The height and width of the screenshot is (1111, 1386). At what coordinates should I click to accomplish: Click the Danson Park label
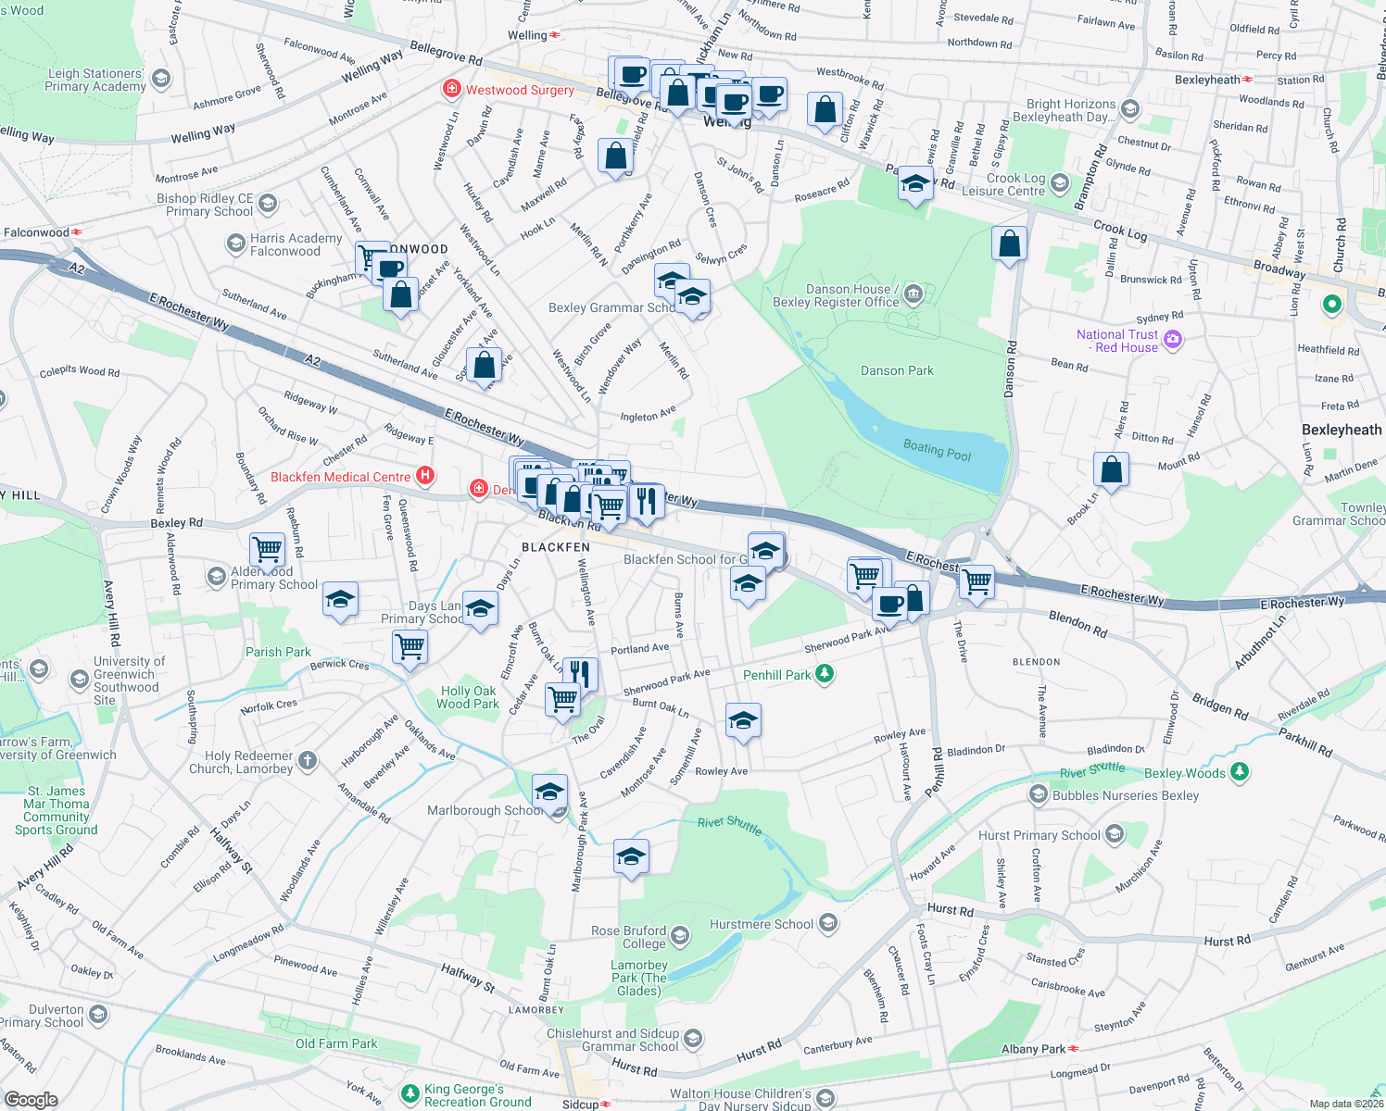coord(896,370)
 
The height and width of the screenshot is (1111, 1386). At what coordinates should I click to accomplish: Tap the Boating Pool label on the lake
coord(937,450)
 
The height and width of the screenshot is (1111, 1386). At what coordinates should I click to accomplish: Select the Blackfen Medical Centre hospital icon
coord(425,476)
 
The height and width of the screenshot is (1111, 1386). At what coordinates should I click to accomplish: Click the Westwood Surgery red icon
coord(451,89)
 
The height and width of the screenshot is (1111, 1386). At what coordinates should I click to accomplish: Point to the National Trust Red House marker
coord(1173,340)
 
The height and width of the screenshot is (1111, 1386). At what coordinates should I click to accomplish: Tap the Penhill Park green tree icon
coord(824,674)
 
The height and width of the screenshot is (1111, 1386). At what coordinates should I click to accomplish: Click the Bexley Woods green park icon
coord(1240,771)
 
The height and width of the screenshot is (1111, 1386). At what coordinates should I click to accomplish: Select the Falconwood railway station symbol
coord(77,232)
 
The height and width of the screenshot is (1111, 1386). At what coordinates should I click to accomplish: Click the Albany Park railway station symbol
coord(1074,1049)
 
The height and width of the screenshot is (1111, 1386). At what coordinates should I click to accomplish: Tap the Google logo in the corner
coord(31,1099)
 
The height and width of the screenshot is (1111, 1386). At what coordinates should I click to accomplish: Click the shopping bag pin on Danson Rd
coord(1009,244)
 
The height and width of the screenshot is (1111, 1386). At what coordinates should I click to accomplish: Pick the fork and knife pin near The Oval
coord(579,673)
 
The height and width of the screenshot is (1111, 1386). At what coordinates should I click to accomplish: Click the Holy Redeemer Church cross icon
coord(308,761)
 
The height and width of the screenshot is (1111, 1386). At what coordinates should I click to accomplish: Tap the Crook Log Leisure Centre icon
coord(1060,183)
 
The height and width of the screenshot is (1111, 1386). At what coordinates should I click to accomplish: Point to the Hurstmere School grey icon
coord(827,923)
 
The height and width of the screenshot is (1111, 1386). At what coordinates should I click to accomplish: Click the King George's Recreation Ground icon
coord(409,1095)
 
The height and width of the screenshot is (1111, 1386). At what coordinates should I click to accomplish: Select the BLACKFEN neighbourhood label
coord(556,547)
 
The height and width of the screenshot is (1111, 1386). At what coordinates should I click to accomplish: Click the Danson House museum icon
coord(913,294)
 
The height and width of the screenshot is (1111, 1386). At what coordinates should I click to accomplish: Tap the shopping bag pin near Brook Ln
coord(1111,469)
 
